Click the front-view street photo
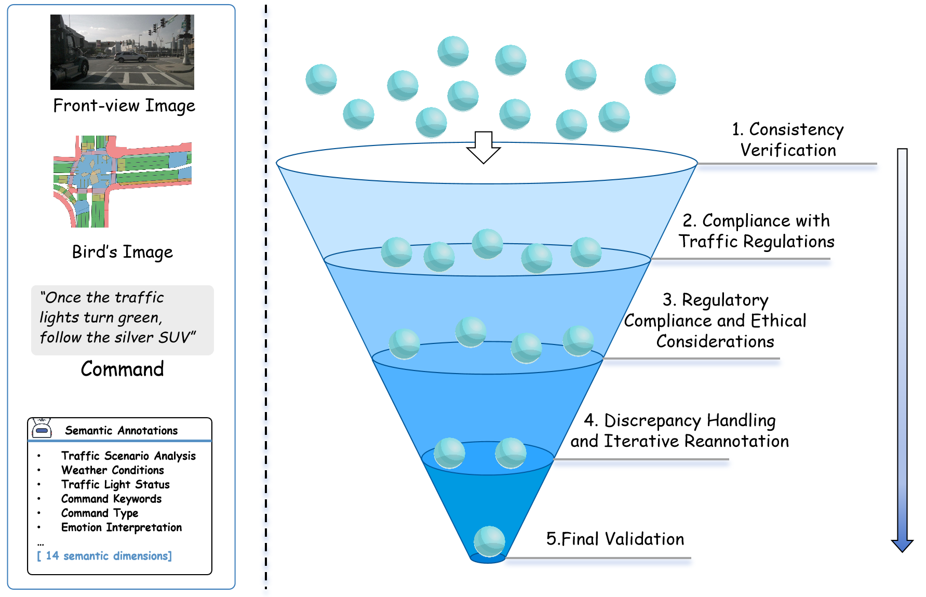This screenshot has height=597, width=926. pyautogui.click(x=122, y=52)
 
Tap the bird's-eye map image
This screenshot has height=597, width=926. pyautogui.click(x=123, y=181)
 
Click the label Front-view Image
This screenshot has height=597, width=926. pyautogui.click(x=124, y=105)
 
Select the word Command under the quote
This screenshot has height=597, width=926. pyautogui.click(x=123, y=369)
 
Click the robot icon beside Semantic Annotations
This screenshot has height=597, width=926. pyautogui.click(x=42, y=429)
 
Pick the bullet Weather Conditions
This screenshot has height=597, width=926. pyautogui.click(x=113, y=470)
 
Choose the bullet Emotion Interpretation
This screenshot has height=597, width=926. pyautogui.click(x=122, y=527)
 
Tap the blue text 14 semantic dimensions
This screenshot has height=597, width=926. pyautogui.click(x=104, y=556)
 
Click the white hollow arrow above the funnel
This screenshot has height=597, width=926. pyautogui.click(x=484, y=148)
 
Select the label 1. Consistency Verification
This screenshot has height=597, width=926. pyautogui.click(x=788, y=139)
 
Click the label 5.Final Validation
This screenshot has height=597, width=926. pyautogui.click(x=615, y=539)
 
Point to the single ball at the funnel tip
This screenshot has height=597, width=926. pyautogui.click(x=489, y=541)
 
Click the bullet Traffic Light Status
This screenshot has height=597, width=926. pyautogui.click(x=115, y=484)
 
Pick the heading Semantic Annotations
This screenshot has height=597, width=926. pyautogui.click(x=122, y=430)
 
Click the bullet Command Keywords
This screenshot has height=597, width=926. pyautogui.click(x=111, y=499)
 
